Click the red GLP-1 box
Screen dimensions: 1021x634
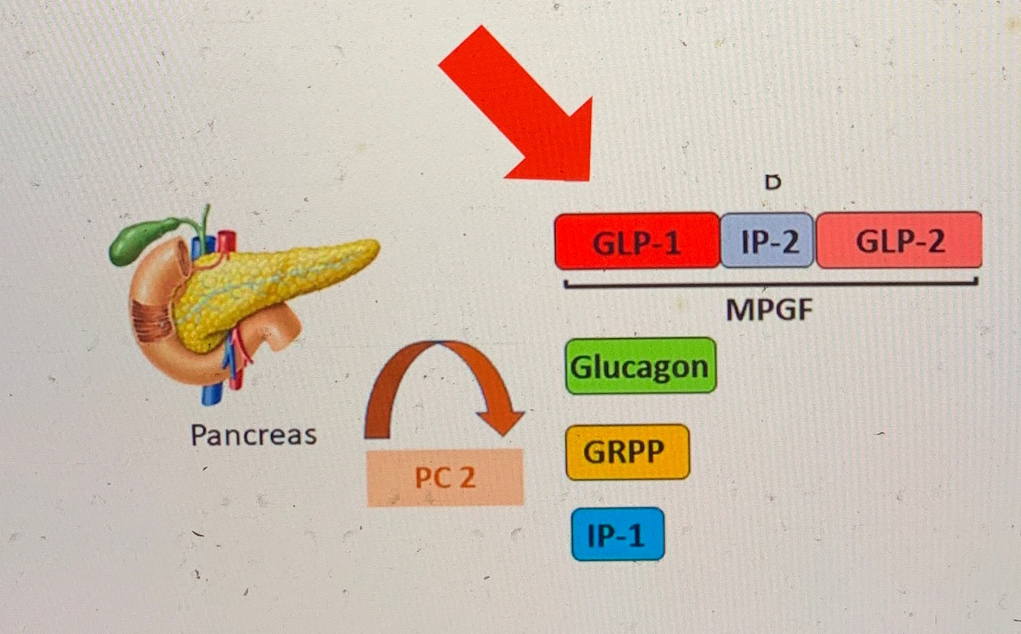(637, 241)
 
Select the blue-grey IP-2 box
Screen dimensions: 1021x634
(768, 241)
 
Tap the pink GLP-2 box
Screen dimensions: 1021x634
(899, 241)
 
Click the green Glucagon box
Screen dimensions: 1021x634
(641, 366)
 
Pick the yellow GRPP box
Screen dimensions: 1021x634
(628, 452)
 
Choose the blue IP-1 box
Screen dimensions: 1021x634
(618, 534)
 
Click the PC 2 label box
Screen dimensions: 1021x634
(445, 478)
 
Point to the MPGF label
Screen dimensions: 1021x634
(768, 310)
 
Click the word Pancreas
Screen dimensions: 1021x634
(253, 434)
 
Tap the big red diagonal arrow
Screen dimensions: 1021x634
(520, 107)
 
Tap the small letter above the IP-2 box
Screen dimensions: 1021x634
(773, 183)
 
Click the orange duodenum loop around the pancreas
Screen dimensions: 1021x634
(153, 321)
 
